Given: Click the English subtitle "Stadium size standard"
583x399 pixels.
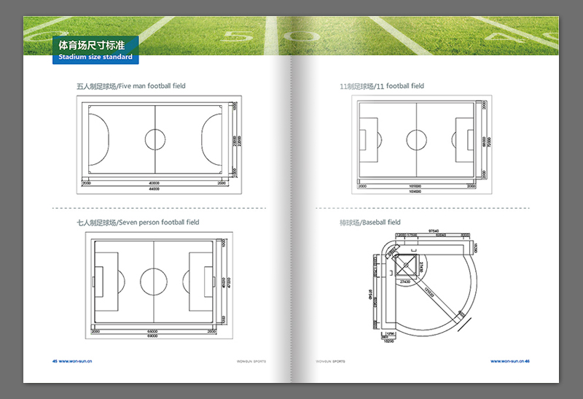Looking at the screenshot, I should [x=95, y=57].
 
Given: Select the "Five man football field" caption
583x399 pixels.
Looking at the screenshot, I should [x=131, y=86].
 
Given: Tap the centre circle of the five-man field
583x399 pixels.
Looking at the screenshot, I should [x=154, y=139].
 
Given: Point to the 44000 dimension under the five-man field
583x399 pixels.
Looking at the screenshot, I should [x=154, y=189].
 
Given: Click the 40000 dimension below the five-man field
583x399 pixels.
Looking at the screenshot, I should [x=154, y=183].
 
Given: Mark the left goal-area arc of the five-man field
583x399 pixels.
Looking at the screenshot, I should [x=99, y=139].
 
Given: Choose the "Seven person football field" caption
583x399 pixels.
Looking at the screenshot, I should [x=138, y=222].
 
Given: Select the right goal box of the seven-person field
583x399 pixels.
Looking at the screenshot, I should [x=202, y=280].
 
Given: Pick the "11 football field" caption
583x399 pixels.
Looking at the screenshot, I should [x=382, y=86].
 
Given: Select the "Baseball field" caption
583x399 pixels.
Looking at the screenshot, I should [x=370, y=222].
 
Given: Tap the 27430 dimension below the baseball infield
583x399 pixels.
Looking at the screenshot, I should [x=405, y=280].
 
